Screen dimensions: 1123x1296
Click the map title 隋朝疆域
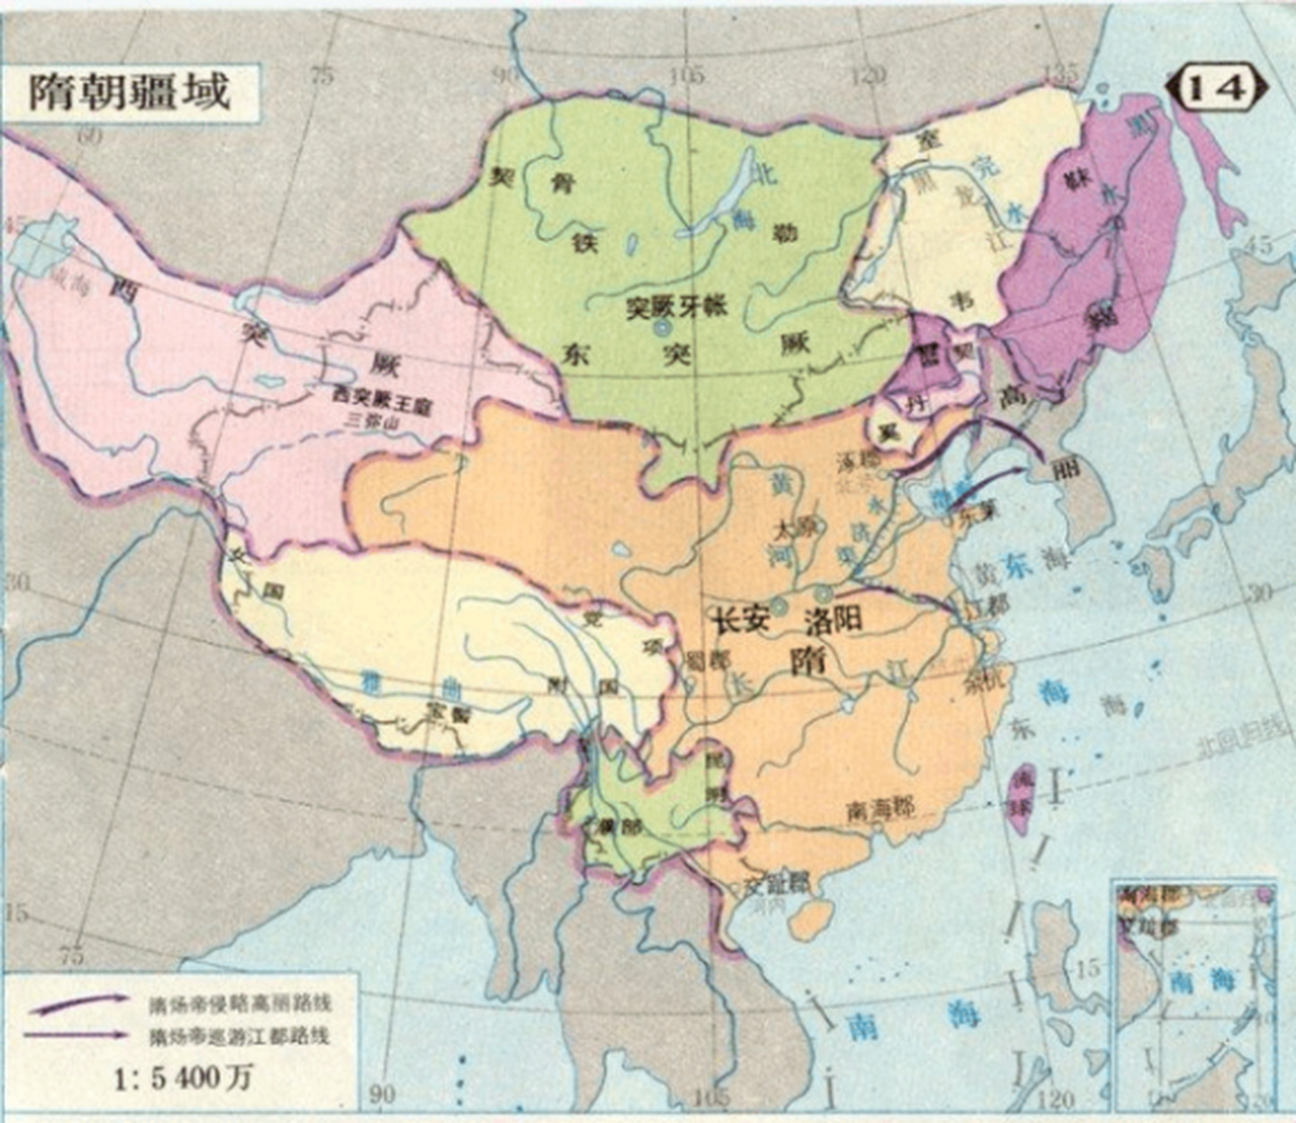[129, 91]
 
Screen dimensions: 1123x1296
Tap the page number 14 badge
[1215, 87]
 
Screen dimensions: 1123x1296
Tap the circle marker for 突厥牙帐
[663, 329]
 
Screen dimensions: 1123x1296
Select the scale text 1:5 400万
[186, 1077]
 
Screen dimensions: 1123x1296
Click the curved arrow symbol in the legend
[80, 1000]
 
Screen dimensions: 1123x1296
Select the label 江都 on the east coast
[986, 606]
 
